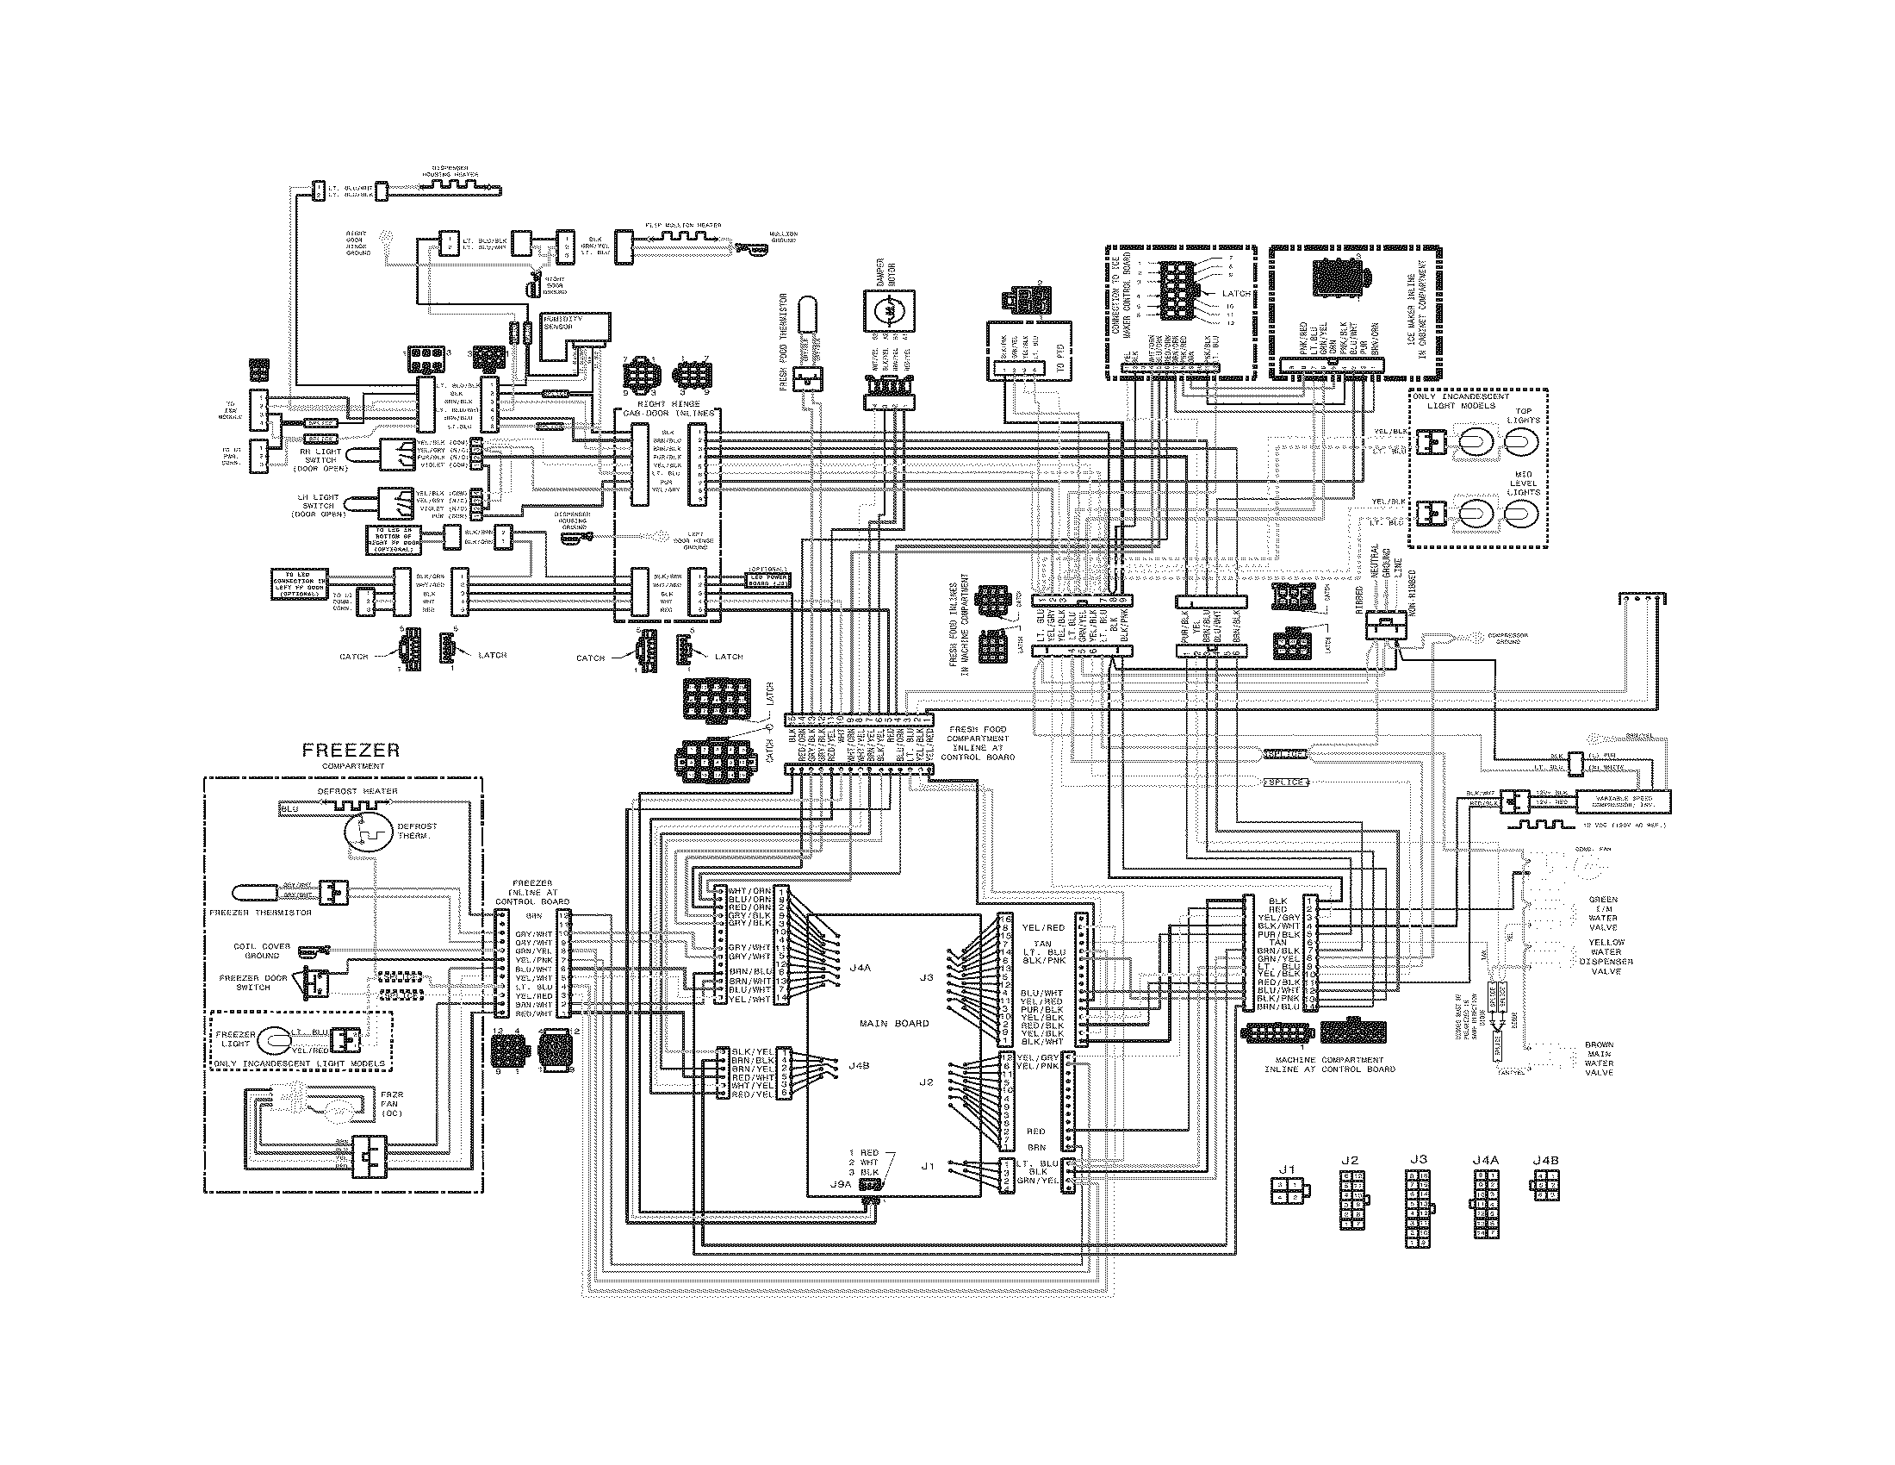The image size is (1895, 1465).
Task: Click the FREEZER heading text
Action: (351, 751)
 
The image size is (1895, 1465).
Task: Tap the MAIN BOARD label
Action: (894, 1023)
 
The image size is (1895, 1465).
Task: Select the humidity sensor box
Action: (575, 335)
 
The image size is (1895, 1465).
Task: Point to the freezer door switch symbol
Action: (315, 982)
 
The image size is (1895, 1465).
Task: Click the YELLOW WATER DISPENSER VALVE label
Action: (1606, 957)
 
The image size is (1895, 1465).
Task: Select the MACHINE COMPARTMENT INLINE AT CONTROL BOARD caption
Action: (1329, 1064)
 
